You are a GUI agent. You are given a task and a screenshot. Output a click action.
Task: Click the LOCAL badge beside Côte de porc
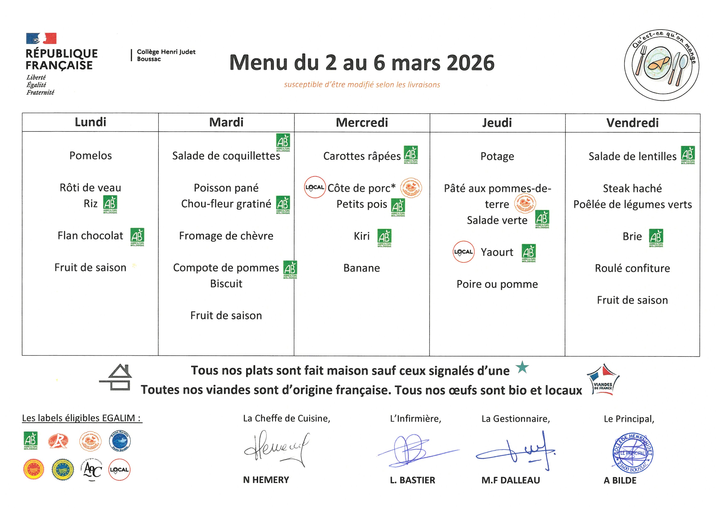314,187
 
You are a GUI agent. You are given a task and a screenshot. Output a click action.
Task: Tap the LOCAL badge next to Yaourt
463,252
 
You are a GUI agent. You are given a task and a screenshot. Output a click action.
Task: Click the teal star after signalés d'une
522,368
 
